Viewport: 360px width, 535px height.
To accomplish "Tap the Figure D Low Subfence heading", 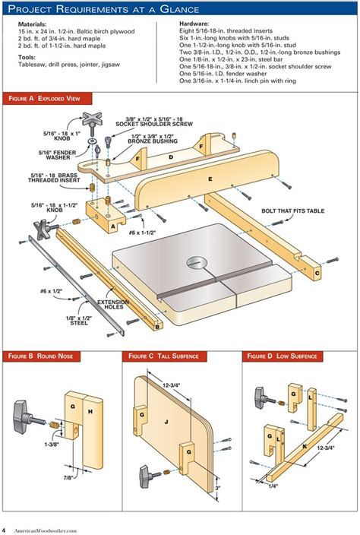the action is pyautogui.click(x=282, y=356).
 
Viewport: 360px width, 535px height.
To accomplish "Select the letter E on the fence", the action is pyautogui.click(x=210, y=179).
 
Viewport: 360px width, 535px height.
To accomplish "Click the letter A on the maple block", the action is pyautogui.click(x=113, y=226).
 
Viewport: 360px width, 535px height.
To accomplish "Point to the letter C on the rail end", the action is pyautogui.click(x=317, y=273).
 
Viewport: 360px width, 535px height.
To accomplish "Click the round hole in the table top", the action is pyautogui.click(x=197, y=263).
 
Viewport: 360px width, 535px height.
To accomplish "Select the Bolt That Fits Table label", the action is pyautogui.click(x=293, y=211).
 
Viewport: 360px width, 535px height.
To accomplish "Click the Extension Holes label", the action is pyautogui.click(x=113, y=304).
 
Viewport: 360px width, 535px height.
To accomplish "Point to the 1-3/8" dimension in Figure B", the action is pyautogui.click(x=52, y=445).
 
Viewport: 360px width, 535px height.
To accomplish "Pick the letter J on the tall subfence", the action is pyautogui.click(x=166, y=422).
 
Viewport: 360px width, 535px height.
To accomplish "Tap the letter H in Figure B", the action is pyautogui.click(x=90, y=411).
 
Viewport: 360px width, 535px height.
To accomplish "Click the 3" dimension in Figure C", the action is pyautogui.click(x=217, y=488).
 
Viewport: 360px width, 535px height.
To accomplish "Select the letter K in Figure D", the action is pyautogui.click(x=305, y=446).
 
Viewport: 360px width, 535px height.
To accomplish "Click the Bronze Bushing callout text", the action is pyautogui.click(x=153, y=138).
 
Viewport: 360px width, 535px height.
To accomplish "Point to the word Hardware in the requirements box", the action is pyautogui.click(x=194, y=24).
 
